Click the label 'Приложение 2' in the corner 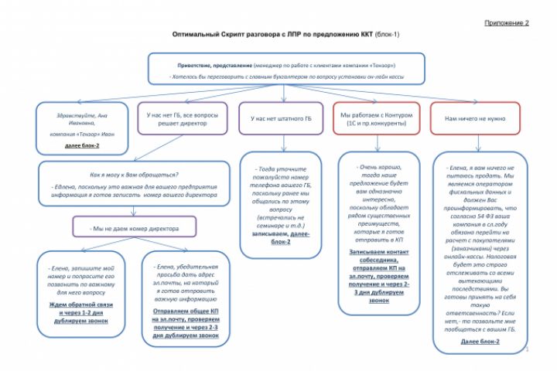pyautogui.click(x=506, y=23)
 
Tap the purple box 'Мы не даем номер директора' pyautogui.click(x=135, y=229)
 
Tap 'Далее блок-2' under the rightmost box pyautogui.click(x=480, y=341)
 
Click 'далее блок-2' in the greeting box pyautogui.click(x=82, y=145)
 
